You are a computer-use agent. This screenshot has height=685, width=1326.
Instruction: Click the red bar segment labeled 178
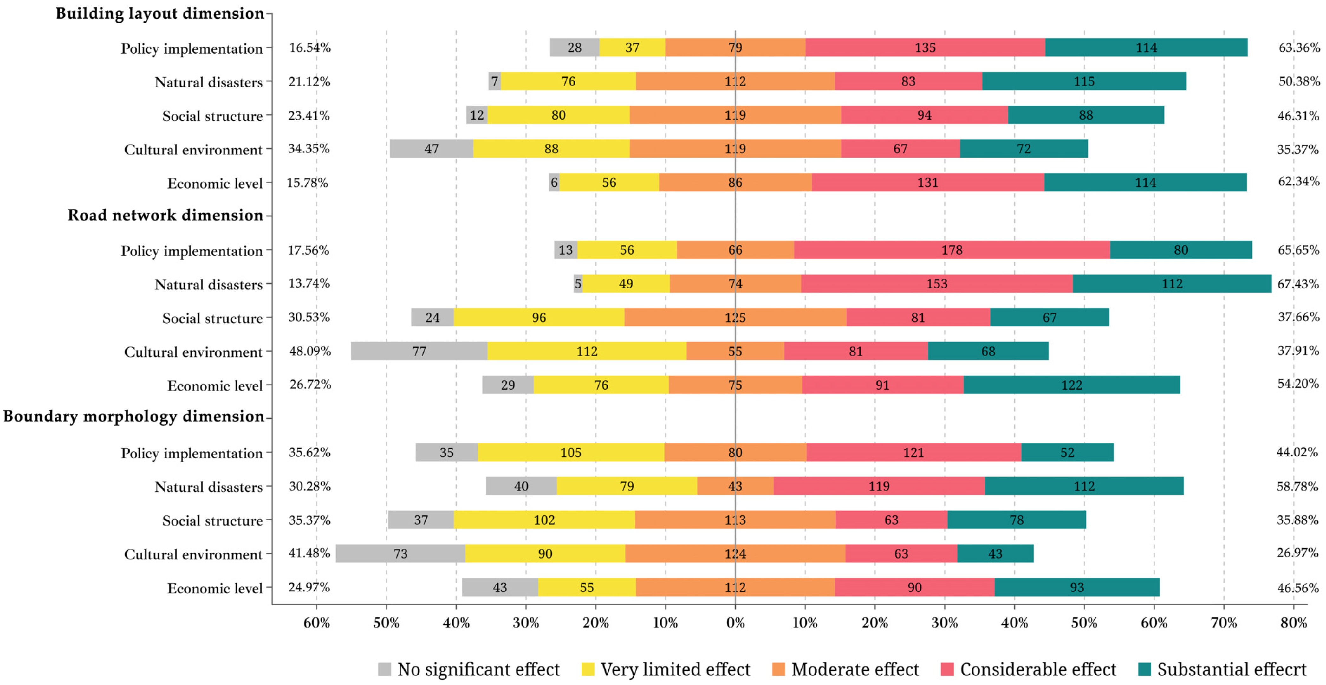point(952,250)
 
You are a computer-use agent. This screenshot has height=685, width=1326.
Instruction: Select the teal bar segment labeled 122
point(1072,385)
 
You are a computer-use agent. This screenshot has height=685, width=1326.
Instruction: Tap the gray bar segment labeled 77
point(419,351)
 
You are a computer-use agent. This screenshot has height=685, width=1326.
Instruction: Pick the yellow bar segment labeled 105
point(571,452)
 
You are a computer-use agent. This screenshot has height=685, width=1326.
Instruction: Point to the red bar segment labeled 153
point(937,284)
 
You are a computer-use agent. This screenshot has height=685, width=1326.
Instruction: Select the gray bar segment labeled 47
point(431,149)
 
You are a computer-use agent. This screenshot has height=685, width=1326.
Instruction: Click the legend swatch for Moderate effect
point(778,669)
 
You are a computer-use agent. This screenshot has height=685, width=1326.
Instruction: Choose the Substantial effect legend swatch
point(1144,669)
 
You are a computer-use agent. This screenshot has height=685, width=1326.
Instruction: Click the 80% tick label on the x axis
point(1293,623)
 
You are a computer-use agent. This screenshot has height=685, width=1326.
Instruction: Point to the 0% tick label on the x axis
point(735,623)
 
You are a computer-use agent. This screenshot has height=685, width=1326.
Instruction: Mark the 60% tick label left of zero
point(316,623)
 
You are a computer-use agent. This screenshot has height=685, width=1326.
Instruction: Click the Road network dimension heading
point(165,215)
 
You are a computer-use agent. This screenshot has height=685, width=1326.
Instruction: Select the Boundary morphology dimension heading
point(133,416)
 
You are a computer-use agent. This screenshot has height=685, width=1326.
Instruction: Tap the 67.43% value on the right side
point(1298,284)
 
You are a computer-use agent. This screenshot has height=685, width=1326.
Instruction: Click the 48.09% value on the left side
point(310,351)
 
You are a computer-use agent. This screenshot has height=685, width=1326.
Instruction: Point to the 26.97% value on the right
point(1297,553)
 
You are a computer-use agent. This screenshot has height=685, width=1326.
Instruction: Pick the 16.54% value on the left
point(310,48)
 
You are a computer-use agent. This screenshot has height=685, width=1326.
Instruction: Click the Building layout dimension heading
point(159,13)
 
